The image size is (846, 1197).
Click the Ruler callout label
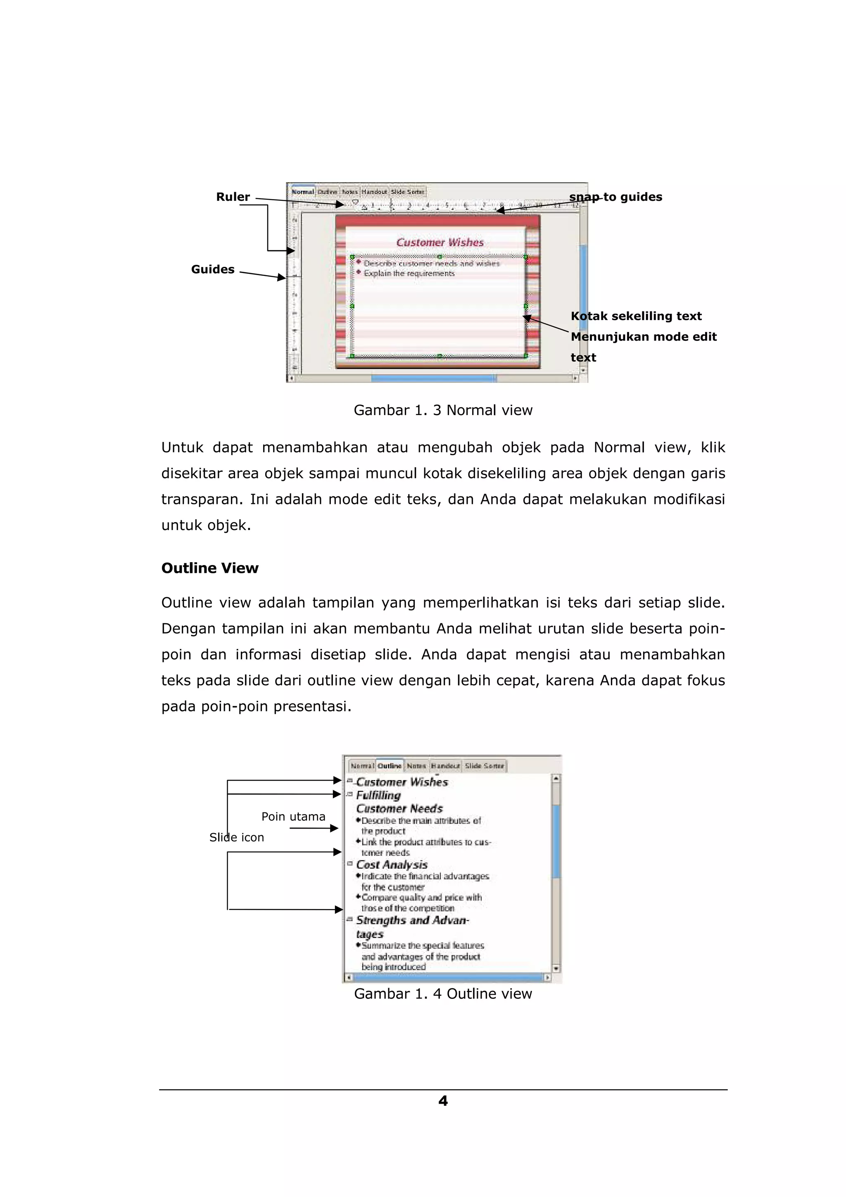click(x=233, y=197)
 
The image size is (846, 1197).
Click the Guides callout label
click(x=213, y=270)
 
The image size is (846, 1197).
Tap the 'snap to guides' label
click(x=615, y=197)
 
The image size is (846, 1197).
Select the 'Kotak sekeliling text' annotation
click(x=636, y=316)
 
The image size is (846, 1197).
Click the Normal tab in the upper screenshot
click(x=302, y=192)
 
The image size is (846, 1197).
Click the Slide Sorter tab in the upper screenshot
click(x=408, y=192)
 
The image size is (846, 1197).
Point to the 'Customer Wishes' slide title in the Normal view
click(x=440, y=242)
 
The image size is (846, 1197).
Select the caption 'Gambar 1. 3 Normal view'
click(x=443, y=410)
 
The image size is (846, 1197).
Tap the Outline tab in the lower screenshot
click(x=390, y=766)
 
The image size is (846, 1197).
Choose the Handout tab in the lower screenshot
click(x=445, y=766)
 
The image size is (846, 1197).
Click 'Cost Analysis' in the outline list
click(x=392, y=864)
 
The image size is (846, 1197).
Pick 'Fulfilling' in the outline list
click(x=378, y=796)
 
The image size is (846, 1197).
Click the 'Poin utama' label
click(x=293, y=817)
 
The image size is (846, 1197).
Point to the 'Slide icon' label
click(x=237, y=838)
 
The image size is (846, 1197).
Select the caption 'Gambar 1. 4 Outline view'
click(x=443, y=994)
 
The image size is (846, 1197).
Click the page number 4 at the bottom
click(x=443, y=1101)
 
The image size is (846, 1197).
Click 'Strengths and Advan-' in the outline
click(x=412, y=921)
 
